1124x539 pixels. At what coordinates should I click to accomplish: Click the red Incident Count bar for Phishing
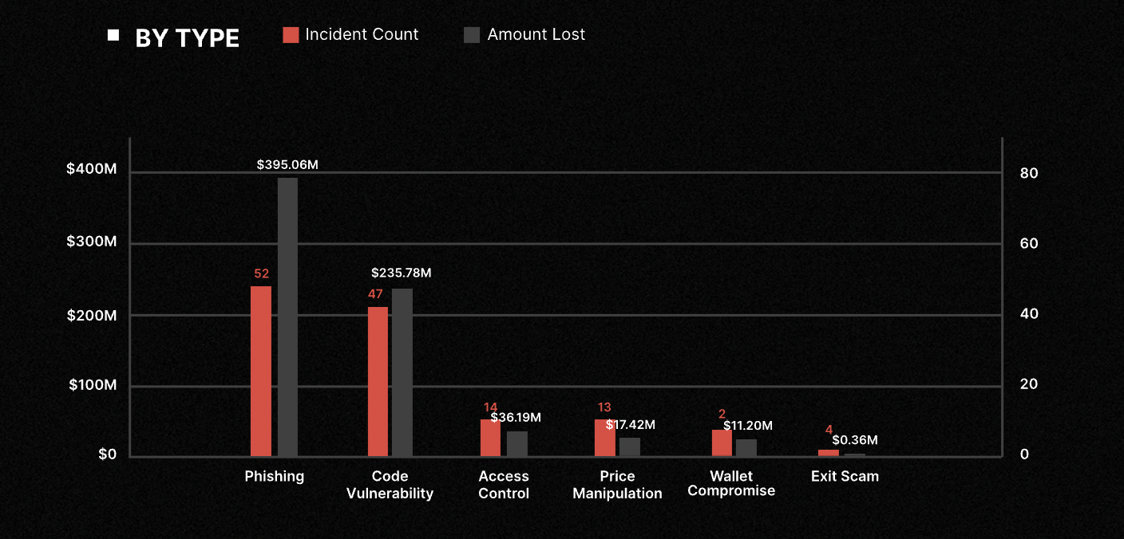(261, 371)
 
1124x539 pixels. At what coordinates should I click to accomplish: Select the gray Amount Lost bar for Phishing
(287, 317)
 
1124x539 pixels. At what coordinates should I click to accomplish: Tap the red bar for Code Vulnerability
(378, 381)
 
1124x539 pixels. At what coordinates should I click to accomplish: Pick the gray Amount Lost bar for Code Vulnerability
(402, 372)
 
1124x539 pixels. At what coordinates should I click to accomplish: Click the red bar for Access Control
(490, 438)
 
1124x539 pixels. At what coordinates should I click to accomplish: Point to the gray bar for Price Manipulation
(630, 447)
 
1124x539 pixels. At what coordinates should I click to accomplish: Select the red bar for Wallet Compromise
(722, 443)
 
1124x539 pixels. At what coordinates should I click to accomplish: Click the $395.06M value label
(287, 165)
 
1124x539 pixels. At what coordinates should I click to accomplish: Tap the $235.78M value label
(402, 273)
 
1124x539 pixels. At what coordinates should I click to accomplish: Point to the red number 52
(261, 273)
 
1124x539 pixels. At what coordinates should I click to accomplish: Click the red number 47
(375, 294)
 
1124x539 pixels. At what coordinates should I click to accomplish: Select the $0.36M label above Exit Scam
(854, 440)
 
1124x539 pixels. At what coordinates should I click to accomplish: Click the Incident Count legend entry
(351, 34)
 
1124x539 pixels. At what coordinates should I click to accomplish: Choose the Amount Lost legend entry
(524, 34)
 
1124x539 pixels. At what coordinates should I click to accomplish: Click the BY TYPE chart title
(187, 38)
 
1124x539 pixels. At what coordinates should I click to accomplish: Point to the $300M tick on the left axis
(92, 242)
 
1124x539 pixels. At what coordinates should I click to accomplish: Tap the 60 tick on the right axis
(1029, 243)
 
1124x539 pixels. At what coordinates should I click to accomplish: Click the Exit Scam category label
(845, 476)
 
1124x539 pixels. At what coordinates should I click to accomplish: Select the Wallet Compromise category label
(731, 483)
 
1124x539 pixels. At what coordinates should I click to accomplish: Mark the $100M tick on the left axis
(92, 385)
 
